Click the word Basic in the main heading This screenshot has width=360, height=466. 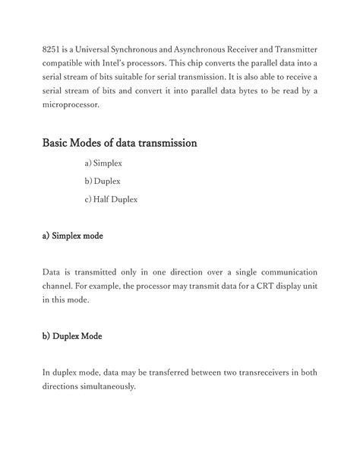tap(58, 143)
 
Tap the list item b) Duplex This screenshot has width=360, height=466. tap(103, 182)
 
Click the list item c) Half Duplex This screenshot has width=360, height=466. tap(112, 200)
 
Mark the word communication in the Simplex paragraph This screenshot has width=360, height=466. tap(286, 272)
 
